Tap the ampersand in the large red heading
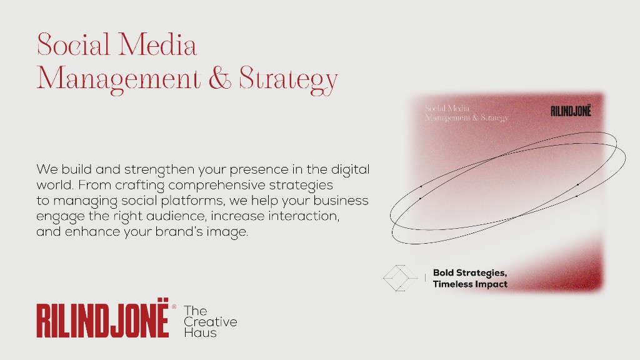219,79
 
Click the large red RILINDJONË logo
102,321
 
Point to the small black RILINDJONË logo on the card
571,111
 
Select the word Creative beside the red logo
211,322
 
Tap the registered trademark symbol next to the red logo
174,307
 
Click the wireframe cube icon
399,278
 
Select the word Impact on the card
494,284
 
